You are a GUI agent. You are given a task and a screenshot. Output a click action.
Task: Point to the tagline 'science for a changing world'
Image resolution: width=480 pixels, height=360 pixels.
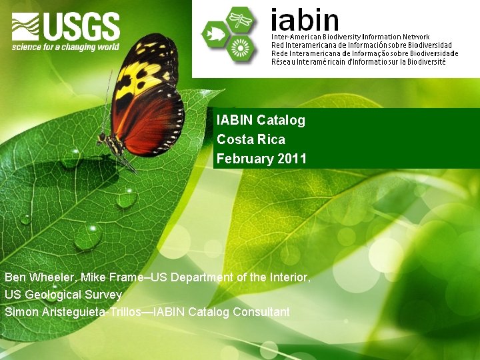pyautogui.click(x=65, y=47)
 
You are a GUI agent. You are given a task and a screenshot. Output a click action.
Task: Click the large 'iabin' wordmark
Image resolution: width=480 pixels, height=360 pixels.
pyautogui.click(x=305, y=19)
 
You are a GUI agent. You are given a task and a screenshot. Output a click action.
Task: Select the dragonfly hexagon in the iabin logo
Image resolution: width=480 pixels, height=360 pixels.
pyautogui.click(x=240, y=19)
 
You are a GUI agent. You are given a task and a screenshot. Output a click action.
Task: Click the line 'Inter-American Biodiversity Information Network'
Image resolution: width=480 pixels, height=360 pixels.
pyautogui.click(x=350, y=37)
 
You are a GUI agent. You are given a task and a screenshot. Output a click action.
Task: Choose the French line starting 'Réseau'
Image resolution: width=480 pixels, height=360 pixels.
pyautogui.click(x=358, y=62)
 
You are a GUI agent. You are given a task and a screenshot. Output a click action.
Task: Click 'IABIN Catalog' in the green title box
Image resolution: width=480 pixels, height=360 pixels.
pyautogui.click(x=261, y=121)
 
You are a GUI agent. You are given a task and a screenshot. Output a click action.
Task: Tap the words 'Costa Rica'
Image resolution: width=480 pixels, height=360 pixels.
pyautogui.click(x=251, y=139)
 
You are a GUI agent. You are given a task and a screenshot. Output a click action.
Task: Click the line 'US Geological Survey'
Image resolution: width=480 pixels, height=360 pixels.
pyautogui.click(x=63, y=294)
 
